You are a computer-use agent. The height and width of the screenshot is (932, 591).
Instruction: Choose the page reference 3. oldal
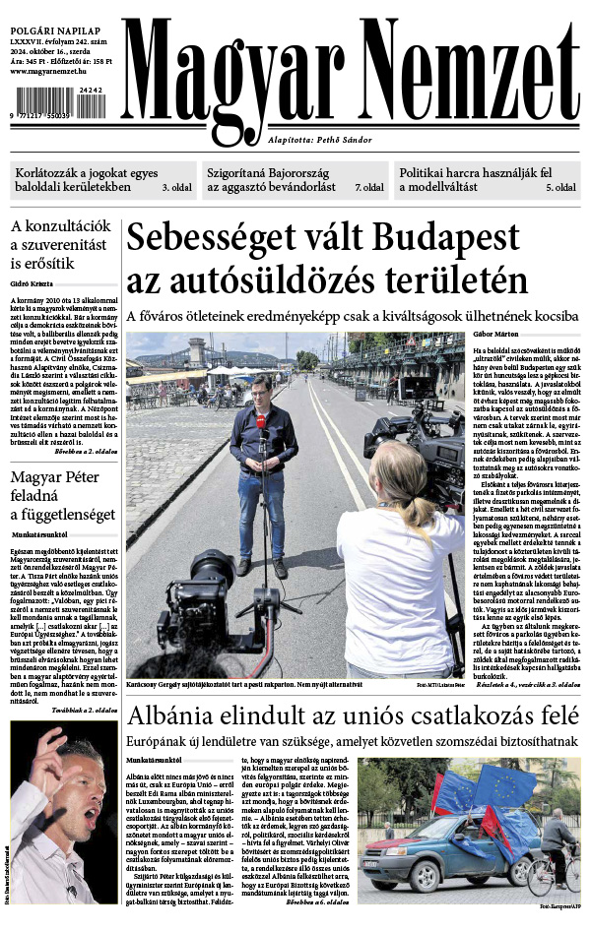[176, 186]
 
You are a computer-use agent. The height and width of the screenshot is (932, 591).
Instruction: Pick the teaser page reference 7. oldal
[369, 186]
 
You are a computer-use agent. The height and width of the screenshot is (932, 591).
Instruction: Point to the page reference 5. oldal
[561, 186]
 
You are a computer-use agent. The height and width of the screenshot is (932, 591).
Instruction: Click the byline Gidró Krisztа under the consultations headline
[31, 283]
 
